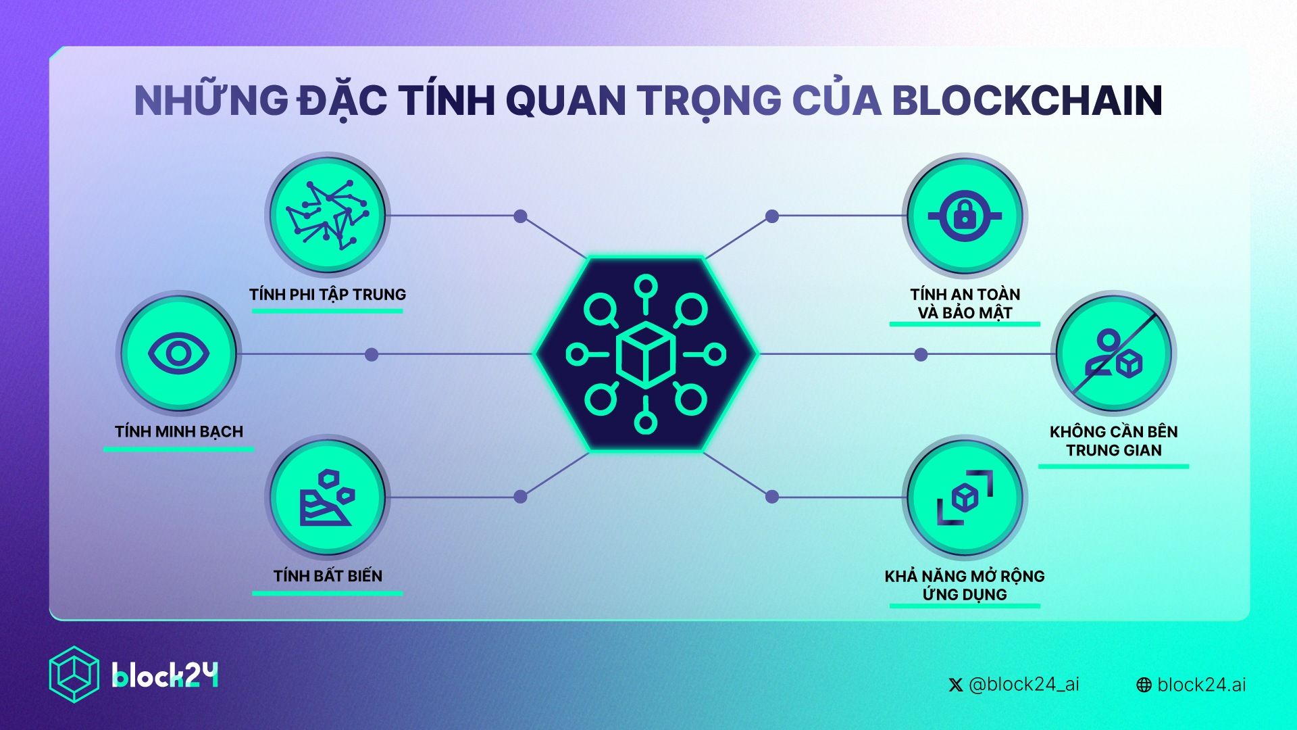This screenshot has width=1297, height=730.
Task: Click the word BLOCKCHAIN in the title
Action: tap(1027, 101)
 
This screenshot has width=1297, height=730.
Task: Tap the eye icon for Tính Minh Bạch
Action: tap(179, 354)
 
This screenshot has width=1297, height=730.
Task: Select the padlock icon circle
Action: tap(965, 216)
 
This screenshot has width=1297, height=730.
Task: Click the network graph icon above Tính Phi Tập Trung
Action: tap(328, 215)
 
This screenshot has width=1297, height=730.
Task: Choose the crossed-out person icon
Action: tap(1114, 354)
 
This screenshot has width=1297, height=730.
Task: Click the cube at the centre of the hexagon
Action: tap(646, 354)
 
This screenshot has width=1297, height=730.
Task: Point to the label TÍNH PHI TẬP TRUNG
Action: tap(328, 295)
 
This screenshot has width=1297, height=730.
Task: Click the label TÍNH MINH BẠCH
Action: tap(179, 432)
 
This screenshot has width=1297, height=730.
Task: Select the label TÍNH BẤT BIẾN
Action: tap(328, 576)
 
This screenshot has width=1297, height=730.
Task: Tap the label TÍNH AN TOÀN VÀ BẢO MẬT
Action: tap(965, 303)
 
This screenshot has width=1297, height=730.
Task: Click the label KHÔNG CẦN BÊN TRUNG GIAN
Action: tap(1114, 441)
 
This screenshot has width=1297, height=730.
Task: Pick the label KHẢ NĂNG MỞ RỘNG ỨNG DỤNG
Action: tap(965, 585)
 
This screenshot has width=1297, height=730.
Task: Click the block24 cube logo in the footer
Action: tap(74, 675)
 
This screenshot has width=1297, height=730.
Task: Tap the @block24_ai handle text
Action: tap(1023, 685)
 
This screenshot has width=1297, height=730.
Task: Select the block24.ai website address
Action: tap(1201, 685)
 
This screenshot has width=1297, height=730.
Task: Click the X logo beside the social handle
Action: tap(955, 685)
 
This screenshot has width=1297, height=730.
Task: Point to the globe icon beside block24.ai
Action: tap(1144, 685)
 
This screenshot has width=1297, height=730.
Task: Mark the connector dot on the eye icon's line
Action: tap(372, 354)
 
